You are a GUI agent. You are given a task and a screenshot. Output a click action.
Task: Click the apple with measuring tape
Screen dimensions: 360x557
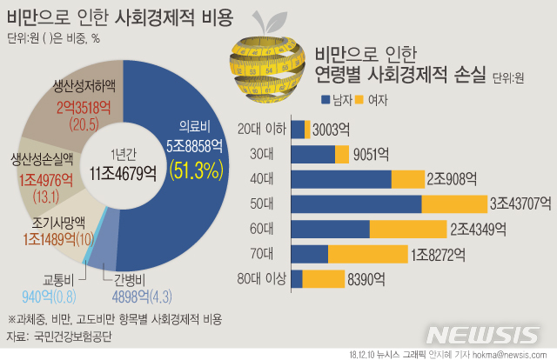click(267, 62)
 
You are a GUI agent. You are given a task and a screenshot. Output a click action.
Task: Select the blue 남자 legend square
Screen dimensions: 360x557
click(326, 98)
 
